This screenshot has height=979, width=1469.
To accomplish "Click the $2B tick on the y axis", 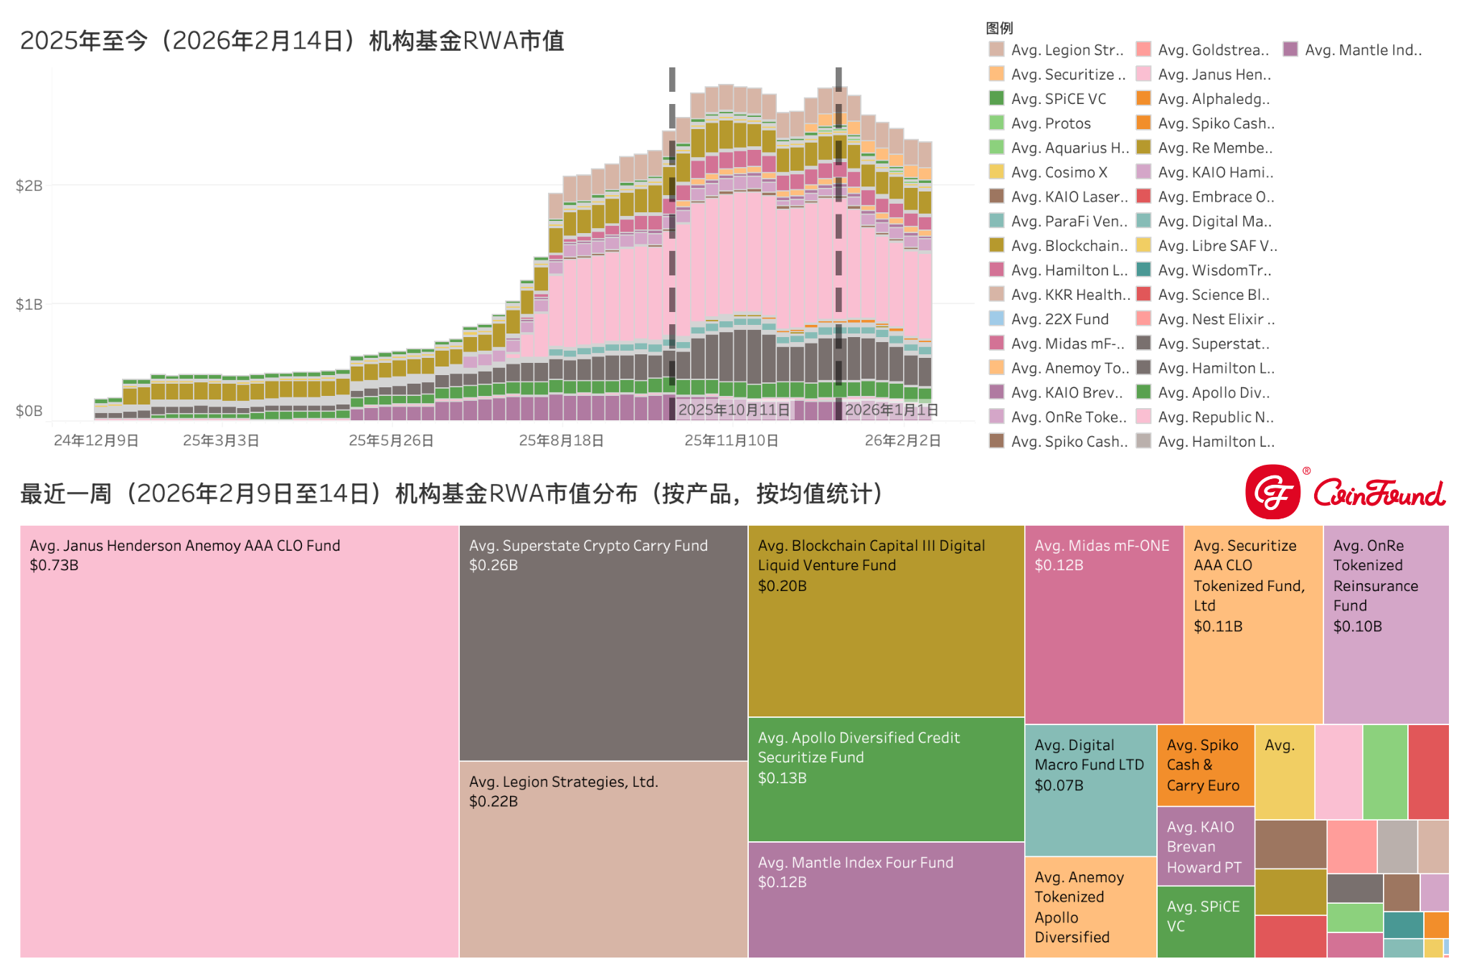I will click(x=29, y=186).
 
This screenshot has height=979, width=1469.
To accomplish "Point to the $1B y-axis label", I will click(x=29, y=304).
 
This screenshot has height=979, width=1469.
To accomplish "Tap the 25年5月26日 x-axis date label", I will click(x=391, y=440).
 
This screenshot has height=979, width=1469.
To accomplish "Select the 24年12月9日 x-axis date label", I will click(x=96, y=440).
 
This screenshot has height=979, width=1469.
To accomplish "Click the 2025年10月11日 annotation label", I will click(x=734, y=410).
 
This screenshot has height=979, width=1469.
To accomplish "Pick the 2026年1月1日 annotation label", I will click(x=891, y=410).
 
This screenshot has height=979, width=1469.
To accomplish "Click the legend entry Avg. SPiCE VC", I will click(x=1058, y=99).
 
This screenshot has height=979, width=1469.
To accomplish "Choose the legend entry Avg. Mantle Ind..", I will click(x=1362, y=50).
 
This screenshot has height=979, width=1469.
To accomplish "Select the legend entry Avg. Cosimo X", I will click(x=1059, y=172).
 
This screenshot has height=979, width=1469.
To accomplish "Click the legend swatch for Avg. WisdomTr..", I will click(x=1144, y=270).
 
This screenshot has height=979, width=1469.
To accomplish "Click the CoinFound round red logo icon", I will click(x=1273, y=492).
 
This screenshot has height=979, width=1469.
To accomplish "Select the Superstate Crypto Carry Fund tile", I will click(x=603, y=643).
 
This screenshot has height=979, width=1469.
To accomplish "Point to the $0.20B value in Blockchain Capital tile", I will click(x=782, y=586).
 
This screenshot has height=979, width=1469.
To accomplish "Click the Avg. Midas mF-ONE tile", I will click(x=1103, y=624).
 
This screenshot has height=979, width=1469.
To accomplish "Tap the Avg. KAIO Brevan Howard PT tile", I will click(x=1205, y=846).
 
